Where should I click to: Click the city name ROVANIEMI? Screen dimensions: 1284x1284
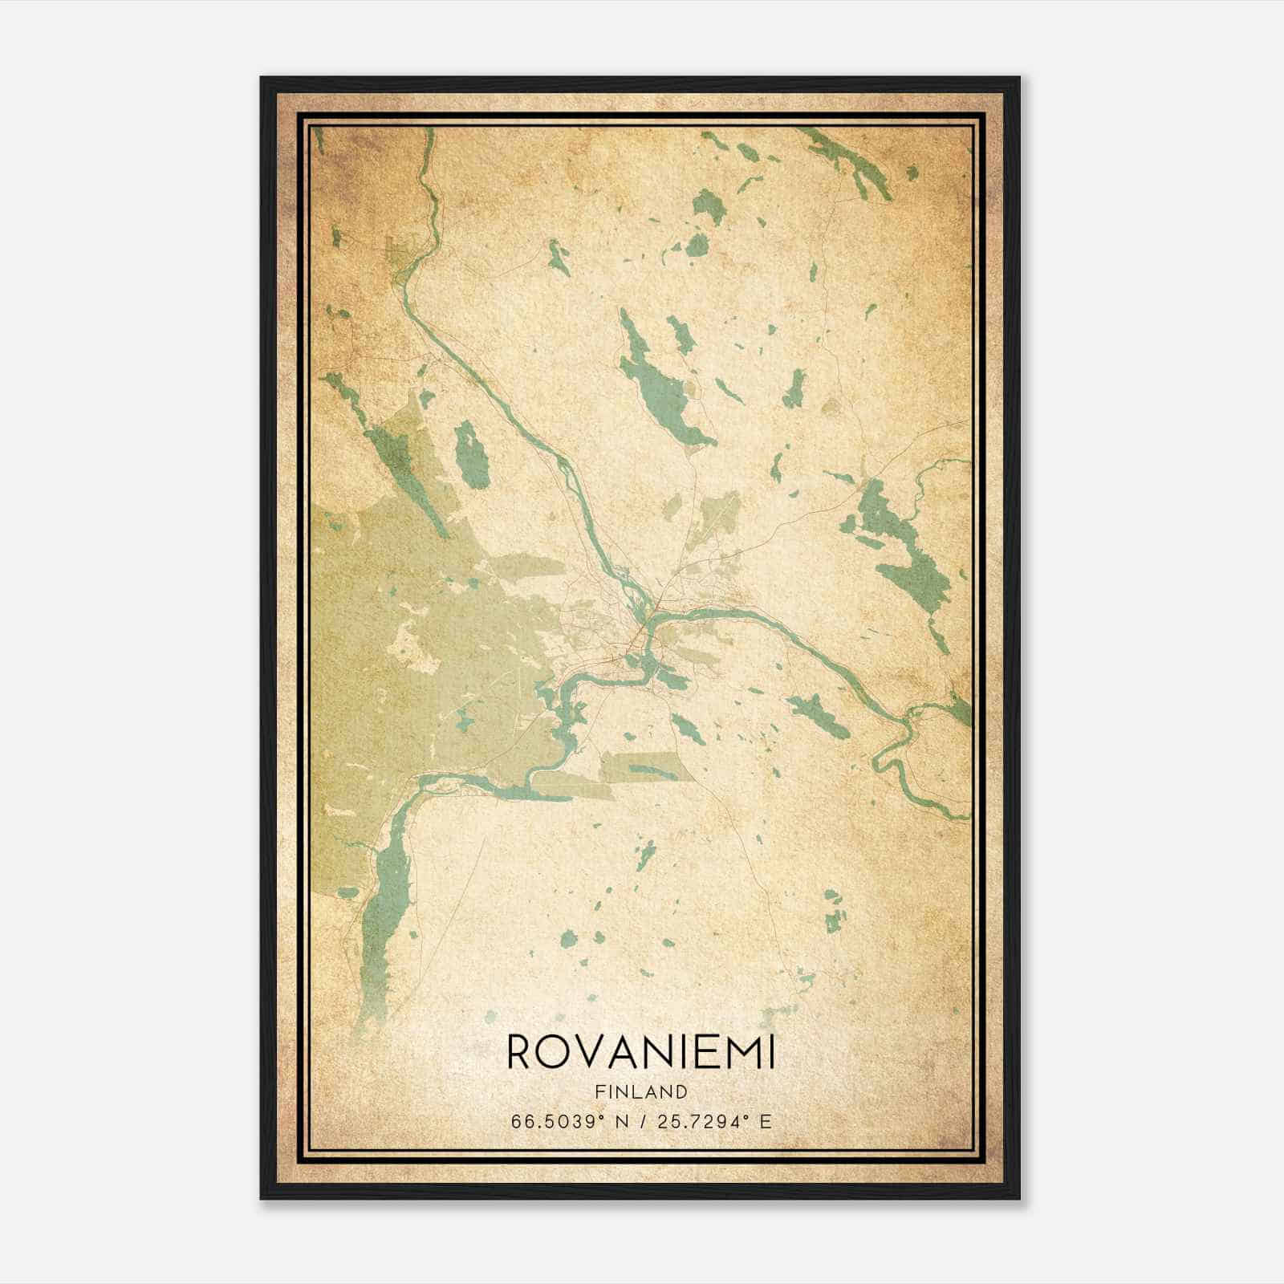[x=641, y=1053]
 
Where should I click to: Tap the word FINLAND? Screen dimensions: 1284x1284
[x=641, y=1091]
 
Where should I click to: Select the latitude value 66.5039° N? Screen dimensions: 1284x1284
[x=569, y=1122]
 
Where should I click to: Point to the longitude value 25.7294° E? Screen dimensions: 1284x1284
[x=713, y=1122]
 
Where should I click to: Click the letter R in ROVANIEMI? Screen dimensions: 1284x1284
[x=520, y=1053]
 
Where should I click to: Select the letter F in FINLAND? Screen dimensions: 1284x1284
[x=600, y=1091]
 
